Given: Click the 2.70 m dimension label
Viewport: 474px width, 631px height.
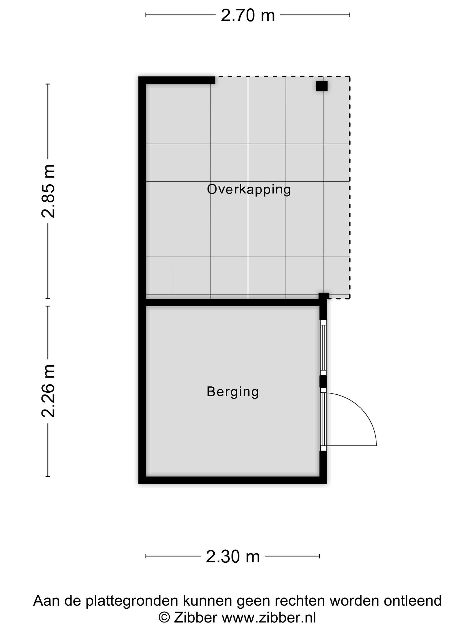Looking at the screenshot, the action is tap(248, 15).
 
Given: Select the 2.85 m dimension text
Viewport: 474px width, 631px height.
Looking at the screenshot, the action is tap(48, 191).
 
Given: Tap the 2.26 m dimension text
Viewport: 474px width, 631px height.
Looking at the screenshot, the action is tap(48, 391).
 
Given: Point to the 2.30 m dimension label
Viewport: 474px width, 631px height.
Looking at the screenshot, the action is tap(233, 557).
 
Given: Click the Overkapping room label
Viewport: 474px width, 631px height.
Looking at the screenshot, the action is tap(249, 190).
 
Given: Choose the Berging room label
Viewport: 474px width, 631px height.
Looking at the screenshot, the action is tap(233, 392).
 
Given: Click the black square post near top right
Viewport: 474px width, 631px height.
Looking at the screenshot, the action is tap(322, 86).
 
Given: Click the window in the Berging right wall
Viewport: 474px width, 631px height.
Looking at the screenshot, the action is tap(323, 347).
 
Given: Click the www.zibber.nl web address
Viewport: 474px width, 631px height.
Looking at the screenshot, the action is tap(269, 618).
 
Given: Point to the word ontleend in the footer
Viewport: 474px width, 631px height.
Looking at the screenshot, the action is tap(413, 601).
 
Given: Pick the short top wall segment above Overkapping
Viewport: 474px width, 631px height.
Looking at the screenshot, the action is tap(177, 80).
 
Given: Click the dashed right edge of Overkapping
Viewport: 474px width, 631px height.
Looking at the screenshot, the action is tap(350, 187).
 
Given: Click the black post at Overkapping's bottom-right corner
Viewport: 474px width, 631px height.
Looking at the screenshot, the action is tap(324, 296).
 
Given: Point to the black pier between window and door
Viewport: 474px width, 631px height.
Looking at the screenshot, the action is tap(323, 381).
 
